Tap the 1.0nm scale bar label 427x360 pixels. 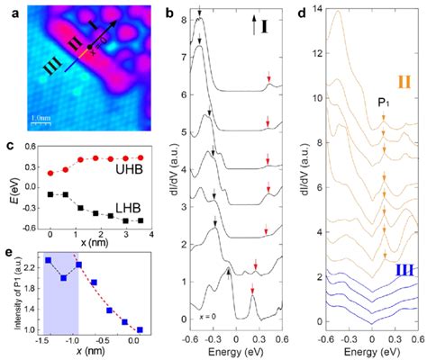40,117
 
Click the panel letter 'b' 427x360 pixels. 169,9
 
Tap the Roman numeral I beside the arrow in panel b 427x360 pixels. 267,20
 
